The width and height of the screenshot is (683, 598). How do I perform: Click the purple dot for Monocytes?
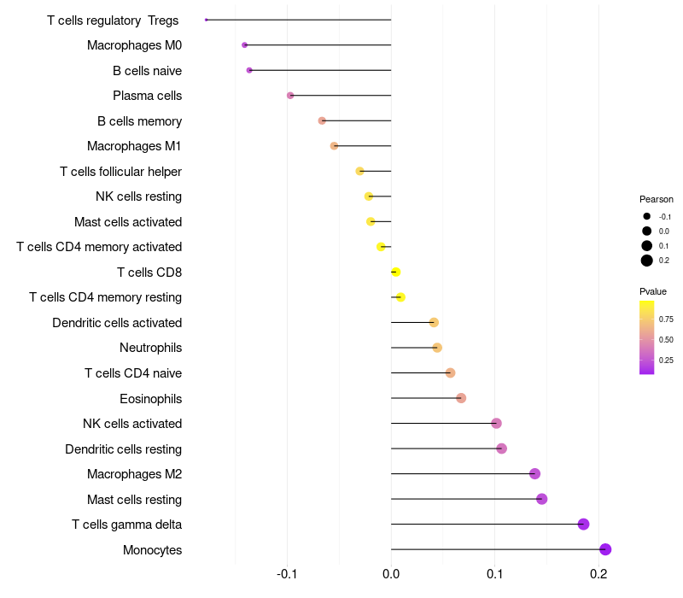605,549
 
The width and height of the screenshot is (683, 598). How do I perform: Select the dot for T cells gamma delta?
583,525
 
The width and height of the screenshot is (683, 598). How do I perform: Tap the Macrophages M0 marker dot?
245,44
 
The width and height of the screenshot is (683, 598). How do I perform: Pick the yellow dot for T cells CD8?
395,273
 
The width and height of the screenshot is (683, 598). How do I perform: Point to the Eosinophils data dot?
461,398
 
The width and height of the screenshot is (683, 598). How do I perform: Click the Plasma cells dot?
290,96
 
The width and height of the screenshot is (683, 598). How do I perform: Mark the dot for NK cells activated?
496,424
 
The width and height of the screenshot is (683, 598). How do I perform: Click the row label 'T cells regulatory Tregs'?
113,21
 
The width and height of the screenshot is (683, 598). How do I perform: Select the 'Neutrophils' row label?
150,348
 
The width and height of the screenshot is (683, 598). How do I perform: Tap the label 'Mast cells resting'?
134,499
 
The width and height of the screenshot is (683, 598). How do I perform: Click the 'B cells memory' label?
139,121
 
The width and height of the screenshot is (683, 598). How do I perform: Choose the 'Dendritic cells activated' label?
117,323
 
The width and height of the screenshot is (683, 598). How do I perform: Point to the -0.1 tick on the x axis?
287,573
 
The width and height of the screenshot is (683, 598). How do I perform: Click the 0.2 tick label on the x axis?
598,573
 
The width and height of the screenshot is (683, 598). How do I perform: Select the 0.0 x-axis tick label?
391,573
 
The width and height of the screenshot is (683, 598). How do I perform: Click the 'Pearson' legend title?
657,199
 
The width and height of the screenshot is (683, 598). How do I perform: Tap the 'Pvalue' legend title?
653,291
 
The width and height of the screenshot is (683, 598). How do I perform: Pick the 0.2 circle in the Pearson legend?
647,261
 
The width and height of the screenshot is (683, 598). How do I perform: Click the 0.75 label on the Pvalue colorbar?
666,320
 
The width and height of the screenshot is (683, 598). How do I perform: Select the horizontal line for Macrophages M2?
461,474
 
